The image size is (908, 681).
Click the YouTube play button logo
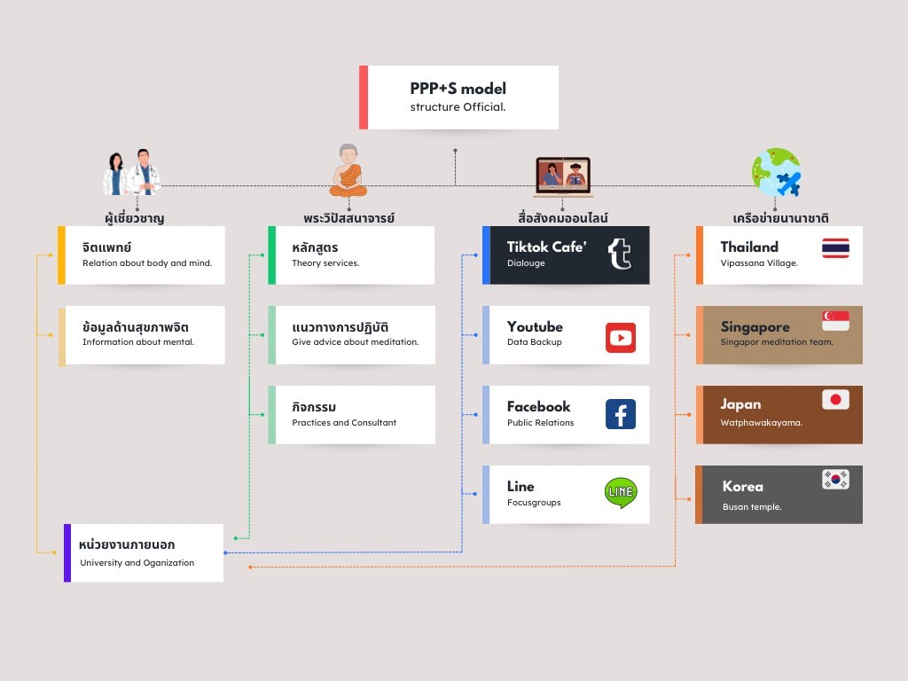pos(621,338)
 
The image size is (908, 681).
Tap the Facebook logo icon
pos(621,414)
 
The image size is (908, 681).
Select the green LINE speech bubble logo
pos(621,493)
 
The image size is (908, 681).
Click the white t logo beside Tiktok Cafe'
pos(620,254)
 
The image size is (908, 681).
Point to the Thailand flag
pos(835,248)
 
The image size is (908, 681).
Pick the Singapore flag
pos(835,320)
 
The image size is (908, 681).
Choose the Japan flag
pos(835,400)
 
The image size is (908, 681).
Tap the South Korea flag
pos(835,480)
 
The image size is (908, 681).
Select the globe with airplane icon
pos(776,172)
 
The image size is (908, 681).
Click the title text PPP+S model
pos(458,89)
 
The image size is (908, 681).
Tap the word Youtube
pos(535,326)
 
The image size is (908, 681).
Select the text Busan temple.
pos(752,507)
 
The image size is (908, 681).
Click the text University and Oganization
pos(137,562)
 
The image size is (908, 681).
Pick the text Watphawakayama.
pos(761,423)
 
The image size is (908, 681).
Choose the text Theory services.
pos(325,263)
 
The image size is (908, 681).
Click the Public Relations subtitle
pos(540,423)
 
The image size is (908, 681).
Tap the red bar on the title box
pos(364,97)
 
